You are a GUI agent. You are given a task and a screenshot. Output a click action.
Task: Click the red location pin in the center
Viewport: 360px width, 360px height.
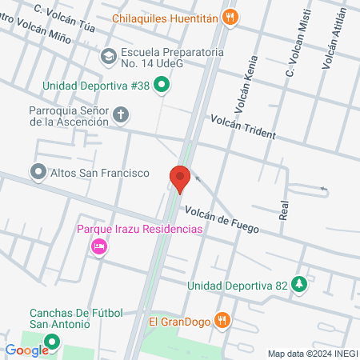(180, 177)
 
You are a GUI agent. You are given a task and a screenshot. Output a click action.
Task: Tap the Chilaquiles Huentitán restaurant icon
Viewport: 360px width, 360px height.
(230, 16)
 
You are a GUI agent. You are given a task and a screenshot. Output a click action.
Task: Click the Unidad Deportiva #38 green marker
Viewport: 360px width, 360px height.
(162, 83)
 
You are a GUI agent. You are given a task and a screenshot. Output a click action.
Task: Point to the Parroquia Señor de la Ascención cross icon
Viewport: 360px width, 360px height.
(121, 115)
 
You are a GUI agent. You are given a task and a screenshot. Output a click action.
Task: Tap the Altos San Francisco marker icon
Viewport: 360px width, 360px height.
(37, 171)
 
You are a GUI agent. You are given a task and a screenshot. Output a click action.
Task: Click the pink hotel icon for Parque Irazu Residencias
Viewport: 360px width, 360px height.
(99, 246)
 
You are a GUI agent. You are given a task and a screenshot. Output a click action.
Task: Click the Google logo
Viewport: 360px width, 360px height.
(26, 350)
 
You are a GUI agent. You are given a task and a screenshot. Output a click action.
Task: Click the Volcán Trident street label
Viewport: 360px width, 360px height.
(243, 126)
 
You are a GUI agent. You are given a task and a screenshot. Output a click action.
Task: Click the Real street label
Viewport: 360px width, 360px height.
(283, 210)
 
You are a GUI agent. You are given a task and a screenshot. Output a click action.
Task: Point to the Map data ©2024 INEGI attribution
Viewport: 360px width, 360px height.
(313, 354)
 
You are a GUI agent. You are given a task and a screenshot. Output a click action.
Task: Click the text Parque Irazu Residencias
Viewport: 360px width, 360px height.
(139, 230)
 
